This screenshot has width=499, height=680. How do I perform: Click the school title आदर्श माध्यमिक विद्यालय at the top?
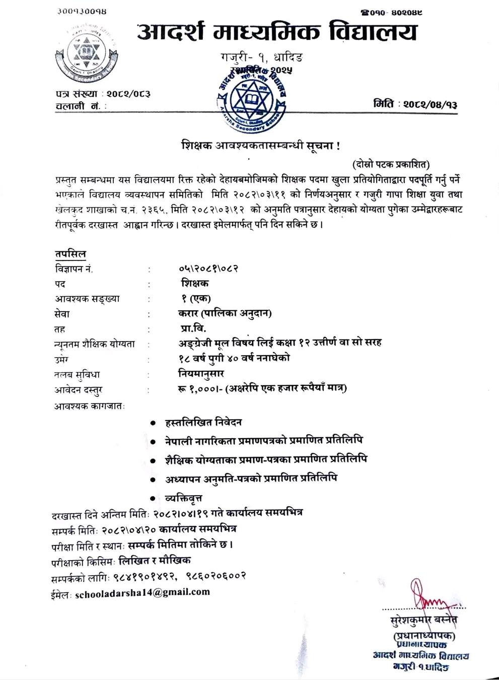pyautogui.click(x=276, y=33)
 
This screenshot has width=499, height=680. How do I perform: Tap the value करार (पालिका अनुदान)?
pyautogui.click(x=222, y=313)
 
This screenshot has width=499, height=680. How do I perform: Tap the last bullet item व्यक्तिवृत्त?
pyautogui.click(x=184, y=498)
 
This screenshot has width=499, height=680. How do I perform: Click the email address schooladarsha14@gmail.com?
pyautogui.click(x=142, y=592)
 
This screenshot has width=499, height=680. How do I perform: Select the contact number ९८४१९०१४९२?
pyautogui.click(x=146, y=576)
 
